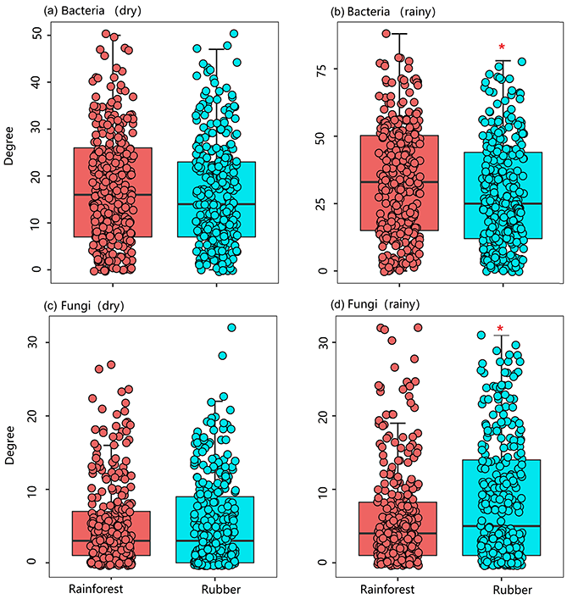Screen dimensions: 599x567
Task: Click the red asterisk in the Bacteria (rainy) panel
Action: pyautogui.click(x=502, y=48)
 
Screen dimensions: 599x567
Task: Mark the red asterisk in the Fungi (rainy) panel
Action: pyautogui.click(x=501, y=330)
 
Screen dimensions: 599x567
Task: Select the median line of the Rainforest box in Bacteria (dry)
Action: pyautogui.click(x=113, y=195)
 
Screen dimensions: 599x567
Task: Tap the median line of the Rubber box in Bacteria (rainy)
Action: pyautogui.click(x=503, y=204)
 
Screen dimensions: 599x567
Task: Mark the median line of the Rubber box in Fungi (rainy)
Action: pyautogui.click(x=503, y=526)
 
